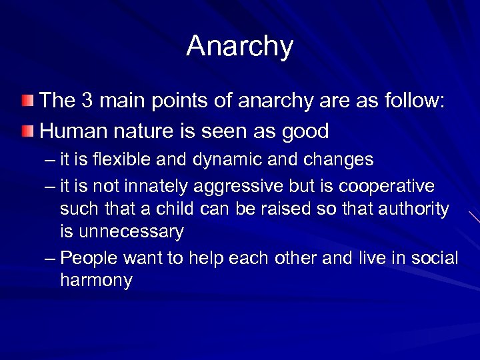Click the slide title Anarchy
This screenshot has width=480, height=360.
(239, 47)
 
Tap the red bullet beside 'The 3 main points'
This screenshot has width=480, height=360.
(27, 101)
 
